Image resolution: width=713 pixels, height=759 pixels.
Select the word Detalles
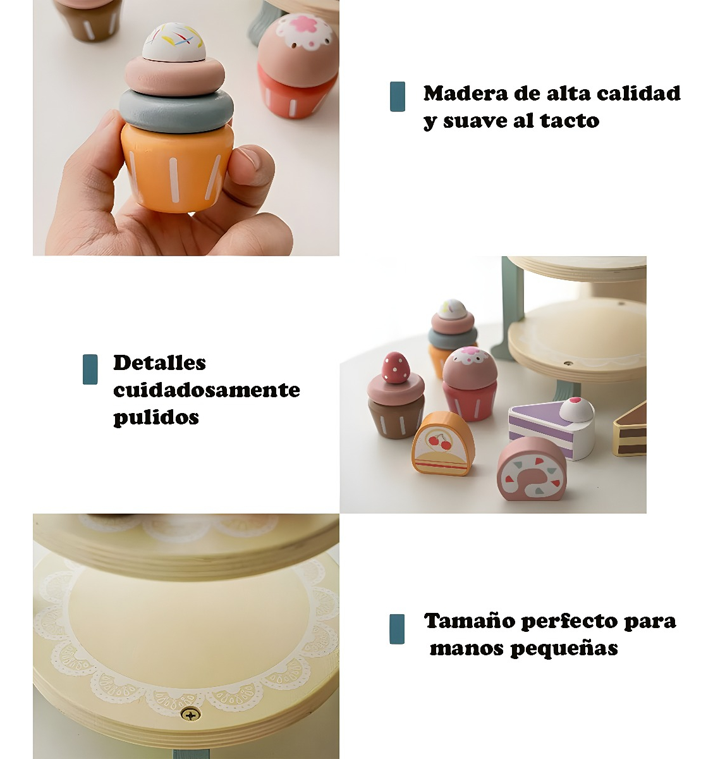159,362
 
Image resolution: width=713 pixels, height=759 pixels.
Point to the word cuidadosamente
207,390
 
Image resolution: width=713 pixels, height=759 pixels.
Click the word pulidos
156,417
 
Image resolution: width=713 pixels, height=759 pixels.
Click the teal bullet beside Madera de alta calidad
398,97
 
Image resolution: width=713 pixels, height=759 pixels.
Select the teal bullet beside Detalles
90,369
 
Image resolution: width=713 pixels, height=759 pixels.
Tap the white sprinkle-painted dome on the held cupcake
174,42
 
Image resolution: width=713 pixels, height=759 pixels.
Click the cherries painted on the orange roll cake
440,442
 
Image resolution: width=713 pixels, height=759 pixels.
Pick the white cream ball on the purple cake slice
576,409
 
